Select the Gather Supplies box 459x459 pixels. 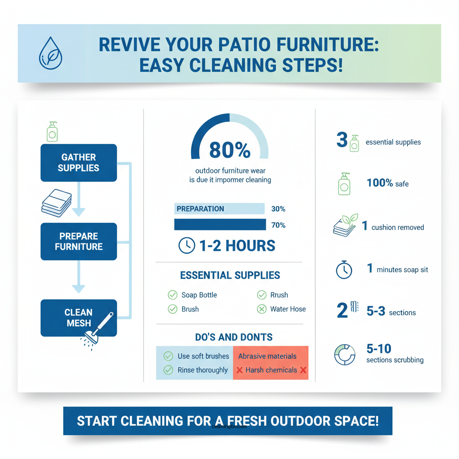[78, 163]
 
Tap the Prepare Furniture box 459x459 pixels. [78, 241]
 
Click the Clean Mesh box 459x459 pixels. [78, 318]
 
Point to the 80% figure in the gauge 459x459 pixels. [229, 151]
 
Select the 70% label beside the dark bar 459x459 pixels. [278, 225]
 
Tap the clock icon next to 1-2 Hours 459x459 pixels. [186, 245]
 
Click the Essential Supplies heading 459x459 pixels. [230, 275]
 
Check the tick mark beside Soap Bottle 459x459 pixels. [172, 295]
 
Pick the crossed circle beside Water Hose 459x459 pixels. [262, 309]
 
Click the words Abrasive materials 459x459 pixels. [267, 356]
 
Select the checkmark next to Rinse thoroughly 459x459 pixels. [169, 370]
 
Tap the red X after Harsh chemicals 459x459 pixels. [303, 370]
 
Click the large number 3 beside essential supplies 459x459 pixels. [342, 140]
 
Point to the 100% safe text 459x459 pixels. [387, 183]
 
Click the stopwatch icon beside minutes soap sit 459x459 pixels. [344, 270]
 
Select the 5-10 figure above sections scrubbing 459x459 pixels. [379, 349]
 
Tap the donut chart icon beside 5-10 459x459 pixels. [345, 354]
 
